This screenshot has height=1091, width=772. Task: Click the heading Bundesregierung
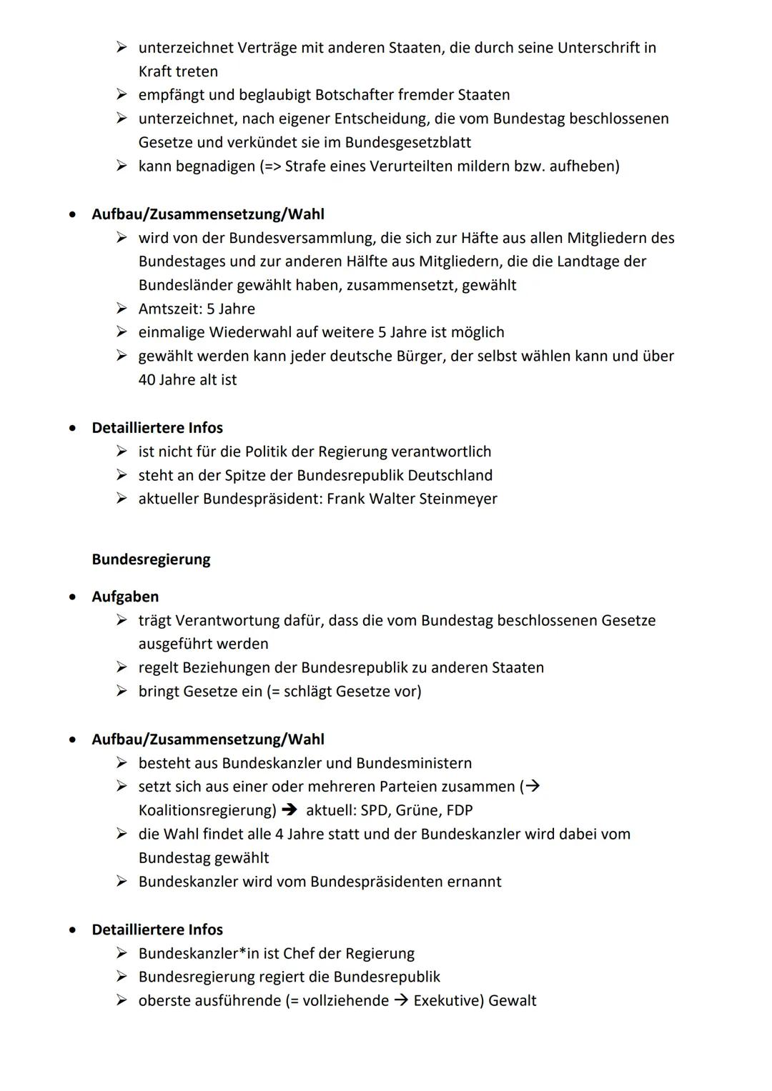151,559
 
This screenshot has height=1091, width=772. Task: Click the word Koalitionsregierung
206,810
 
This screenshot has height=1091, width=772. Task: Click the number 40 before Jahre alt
147,379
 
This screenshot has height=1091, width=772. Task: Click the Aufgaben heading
125,597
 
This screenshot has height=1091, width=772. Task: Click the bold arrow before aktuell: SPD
289,810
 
